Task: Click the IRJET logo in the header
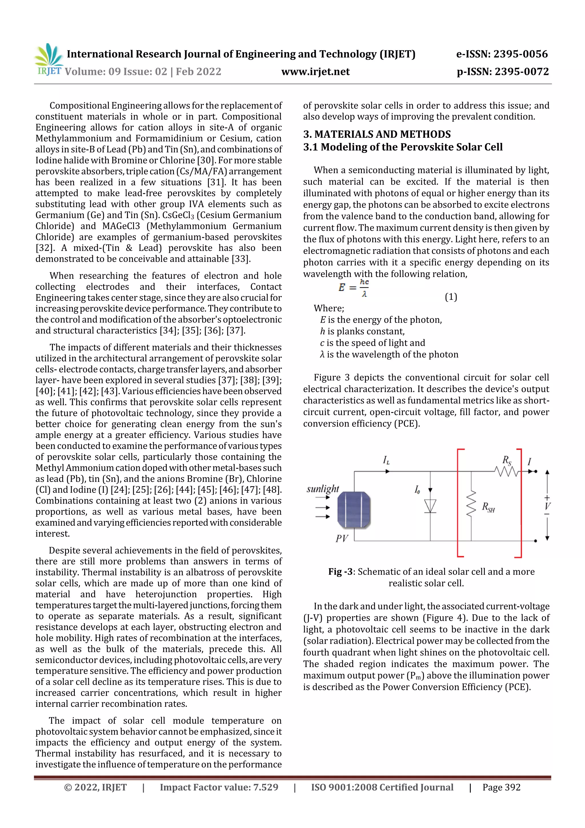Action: coord(49,60)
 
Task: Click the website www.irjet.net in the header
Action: coord(315,72)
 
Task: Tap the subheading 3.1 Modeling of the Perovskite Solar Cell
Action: coord(402,147)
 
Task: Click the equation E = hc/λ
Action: coord(353,288)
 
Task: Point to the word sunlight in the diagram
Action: coord(322,489)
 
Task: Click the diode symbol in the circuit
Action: coord(430,506)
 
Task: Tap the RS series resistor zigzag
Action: coord(506,471)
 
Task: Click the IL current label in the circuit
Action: coord(386,460)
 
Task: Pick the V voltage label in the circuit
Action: coord(547,506)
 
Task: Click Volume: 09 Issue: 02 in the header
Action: coord(115,72)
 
